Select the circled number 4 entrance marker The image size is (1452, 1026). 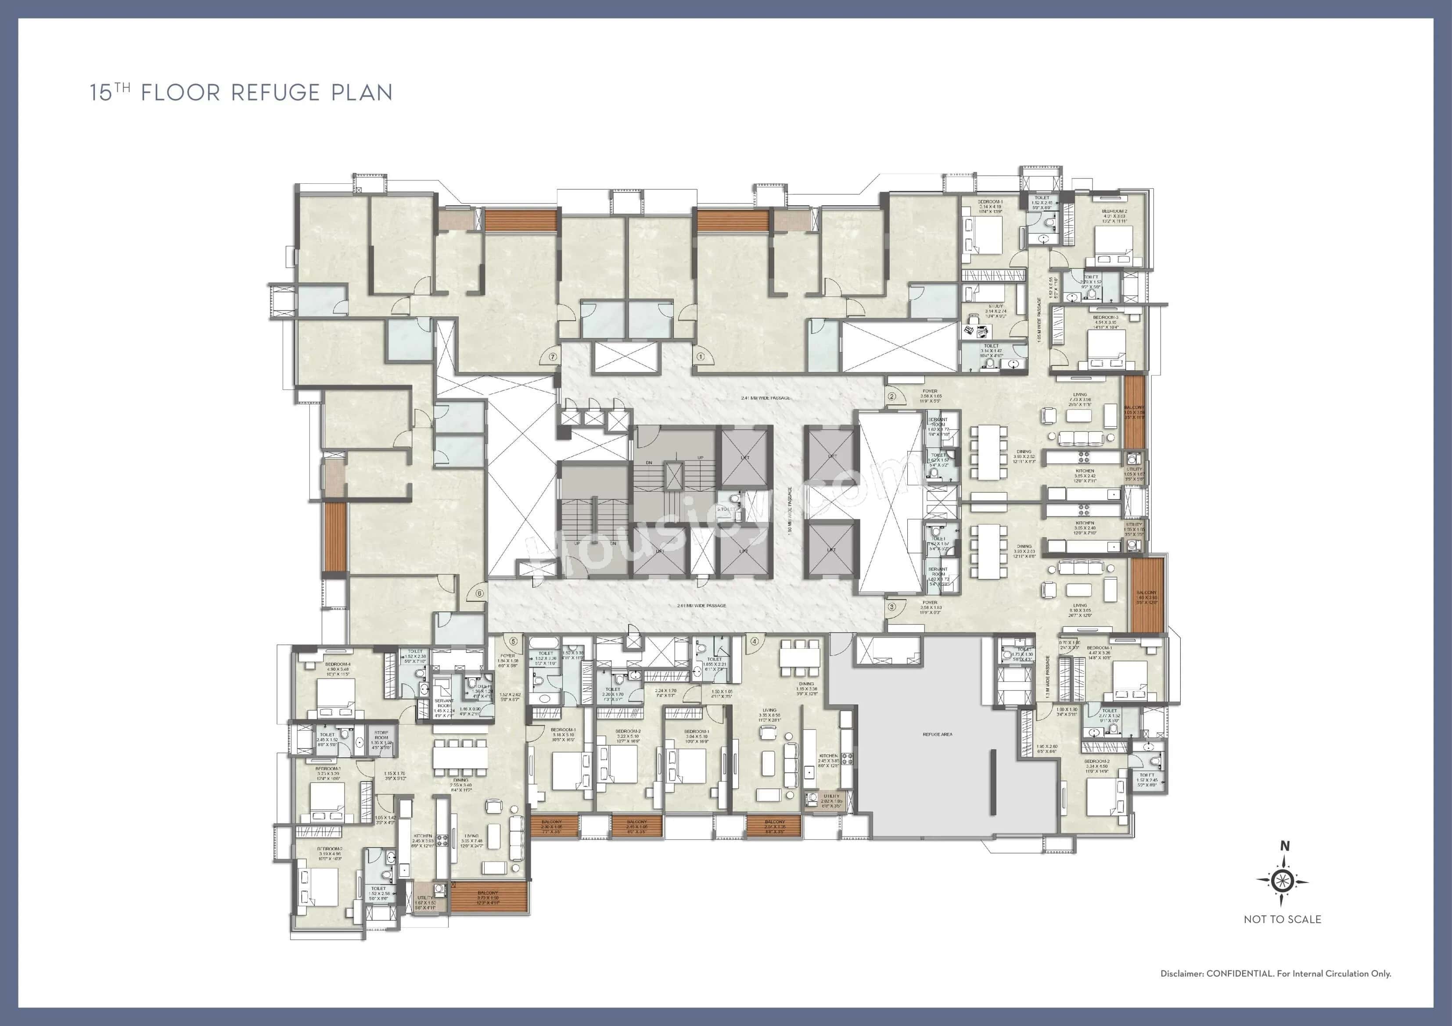(754, 641)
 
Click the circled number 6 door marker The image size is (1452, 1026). (479, 593)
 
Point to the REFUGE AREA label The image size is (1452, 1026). (937, 735)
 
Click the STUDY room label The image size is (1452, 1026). (996, 306)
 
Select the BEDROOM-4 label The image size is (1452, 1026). (338, 665)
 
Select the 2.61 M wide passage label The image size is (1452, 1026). (701, 606)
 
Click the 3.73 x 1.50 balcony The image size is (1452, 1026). (488, 897)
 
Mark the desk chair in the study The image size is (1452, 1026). (970, 329)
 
